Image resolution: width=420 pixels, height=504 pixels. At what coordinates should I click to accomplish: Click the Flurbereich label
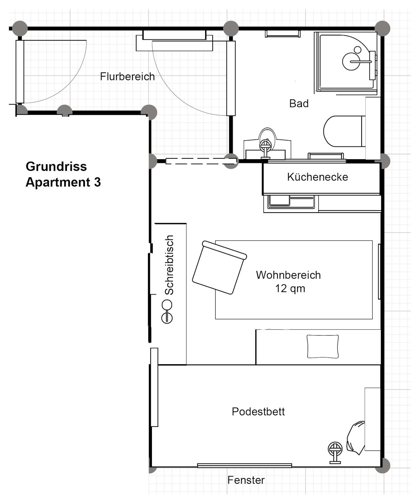[127, 76]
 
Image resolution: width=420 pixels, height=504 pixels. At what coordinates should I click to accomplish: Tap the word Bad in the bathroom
[299, 104]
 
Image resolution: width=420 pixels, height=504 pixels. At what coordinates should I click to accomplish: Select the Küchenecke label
[317, 177]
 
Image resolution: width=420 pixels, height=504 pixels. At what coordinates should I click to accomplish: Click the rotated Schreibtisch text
[169, 265]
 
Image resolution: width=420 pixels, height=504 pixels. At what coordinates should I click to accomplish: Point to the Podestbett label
[258, 411]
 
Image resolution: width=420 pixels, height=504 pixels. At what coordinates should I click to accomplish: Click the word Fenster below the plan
[246, 480]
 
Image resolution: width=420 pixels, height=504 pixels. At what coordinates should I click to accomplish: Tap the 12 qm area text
[290, 289]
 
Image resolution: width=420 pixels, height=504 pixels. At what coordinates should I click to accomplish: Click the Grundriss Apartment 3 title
[63, 174]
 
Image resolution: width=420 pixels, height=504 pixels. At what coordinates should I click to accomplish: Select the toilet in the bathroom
[345, 131]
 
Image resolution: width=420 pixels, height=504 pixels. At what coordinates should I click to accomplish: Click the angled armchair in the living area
[220, 267]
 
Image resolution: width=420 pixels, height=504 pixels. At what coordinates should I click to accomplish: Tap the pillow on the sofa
[323, 346]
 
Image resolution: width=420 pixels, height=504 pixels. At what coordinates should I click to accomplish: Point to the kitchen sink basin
[280, 201]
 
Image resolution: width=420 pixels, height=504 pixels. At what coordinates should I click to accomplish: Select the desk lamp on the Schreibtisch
[167, 312]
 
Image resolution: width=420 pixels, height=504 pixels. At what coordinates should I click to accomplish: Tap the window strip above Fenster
[244, 465]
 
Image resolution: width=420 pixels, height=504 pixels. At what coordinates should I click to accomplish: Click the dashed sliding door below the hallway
[201, 161]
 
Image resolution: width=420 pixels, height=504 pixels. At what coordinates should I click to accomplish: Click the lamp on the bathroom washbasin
[265, 148]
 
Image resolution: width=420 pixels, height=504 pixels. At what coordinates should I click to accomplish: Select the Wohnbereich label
[288, 275]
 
